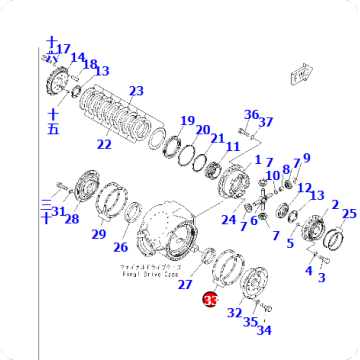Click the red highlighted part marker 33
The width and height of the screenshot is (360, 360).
[x=210, y=298]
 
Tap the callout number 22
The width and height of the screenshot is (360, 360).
[x=104, y=144]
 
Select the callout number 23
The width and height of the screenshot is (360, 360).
[x=137, y=91]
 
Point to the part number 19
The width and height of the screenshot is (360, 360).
[x=187, y=121]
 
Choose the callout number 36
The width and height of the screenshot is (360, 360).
[x=252, y=115]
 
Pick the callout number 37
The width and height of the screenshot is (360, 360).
[x=266, y=122]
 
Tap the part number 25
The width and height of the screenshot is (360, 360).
[x=348, y=214]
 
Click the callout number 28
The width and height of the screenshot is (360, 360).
[x=71, y=218]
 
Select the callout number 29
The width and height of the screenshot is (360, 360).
[x=99, y=234]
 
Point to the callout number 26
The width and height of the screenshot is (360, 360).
[x=120, y=247]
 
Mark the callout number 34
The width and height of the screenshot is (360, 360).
[x=265, y=331]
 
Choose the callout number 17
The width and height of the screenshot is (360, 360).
[x=63, y=49]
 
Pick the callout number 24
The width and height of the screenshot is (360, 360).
[x=229, y=219]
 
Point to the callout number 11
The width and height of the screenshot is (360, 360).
[x=232, y=148]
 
